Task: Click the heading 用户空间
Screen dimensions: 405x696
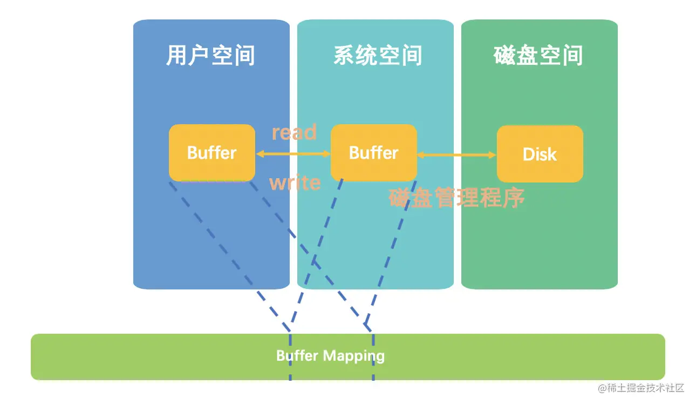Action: pos(210,56)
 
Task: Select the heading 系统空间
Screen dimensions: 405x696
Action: pos(378,56)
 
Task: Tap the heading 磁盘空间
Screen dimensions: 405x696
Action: pos(538,56)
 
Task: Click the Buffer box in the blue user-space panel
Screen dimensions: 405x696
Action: pos(211,153)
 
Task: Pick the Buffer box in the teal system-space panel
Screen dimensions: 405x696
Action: pos(373,153)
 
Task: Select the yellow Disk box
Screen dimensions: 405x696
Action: pos(540,154)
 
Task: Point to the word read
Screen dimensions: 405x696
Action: pos(294,132)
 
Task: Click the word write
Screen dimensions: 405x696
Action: pos(295,183)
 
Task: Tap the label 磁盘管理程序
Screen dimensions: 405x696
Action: pos(456,198)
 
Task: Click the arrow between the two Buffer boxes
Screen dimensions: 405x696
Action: pos(293,154)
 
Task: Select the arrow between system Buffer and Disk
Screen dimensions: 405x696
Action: pos(456,155)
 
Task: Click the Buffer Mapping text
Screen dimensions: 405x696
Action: pos(330,356)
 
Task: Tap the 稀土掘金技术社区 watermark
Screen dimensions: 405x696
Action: pos(640,388)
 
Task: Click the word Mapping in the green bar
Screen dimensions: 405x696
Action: pos(354,356)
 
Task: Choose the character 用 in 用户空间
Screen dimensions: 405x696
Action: pos(177,56)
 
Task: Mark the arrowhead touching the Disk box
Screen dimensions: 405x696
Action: pos(492,155)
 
